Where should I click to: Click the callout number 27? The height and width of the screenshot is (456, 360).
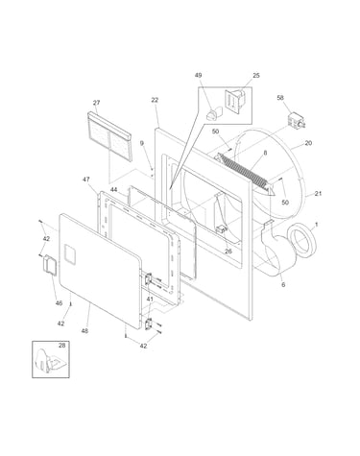coord(96,103)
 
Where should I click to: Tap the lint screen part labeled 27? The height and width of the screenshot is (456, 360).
coord(109,136)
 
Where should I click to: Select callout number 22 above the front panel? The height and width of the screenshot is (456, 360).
coord(155,100)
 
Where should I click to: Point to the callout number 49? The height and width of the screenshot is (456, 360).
coord(199,75)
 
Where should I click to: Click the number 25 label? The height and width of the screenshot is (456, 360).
coord(256,76)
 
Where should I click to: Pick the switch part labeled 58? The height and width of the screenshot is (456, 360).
coord(296,121)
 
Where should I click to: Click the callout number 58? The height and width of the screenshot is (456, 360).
coord(280,98)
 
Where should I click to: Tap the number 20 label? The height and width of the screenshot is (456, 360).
coord(308,143)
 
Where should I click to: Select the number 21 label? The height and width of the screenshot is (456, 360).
coord(318,194)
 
